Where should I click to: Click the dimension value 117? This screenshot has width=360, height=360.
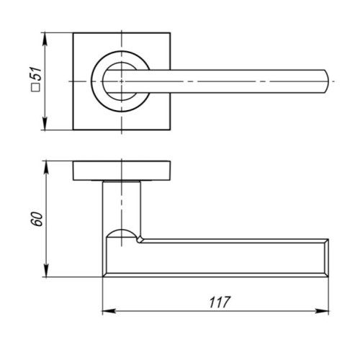click(x=220, y=302)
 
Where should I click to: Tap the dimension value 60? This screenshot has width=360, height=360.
click(x=38, y=219)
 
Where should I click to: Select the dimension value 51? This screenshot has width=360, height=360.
click(x=37, y=73)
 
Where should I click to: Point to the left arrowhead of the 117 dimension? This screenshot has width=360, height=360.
click(x=109, y=311)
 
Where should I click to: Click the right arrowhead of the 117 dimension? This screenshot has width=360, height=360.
click(x=322, y=311)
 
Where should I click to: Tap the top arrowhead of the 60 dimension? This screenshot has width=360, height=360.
click(x=46, y=168)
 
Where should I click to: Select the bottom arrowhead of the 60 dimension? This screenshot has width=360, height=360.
click(x=46, y=271)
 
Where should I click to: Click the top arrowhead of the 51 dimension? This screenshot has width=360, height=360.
click(x=45, y=40)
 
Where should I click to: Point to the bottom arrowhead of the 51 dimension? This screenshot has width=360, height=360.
click(x=45, y=123)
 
